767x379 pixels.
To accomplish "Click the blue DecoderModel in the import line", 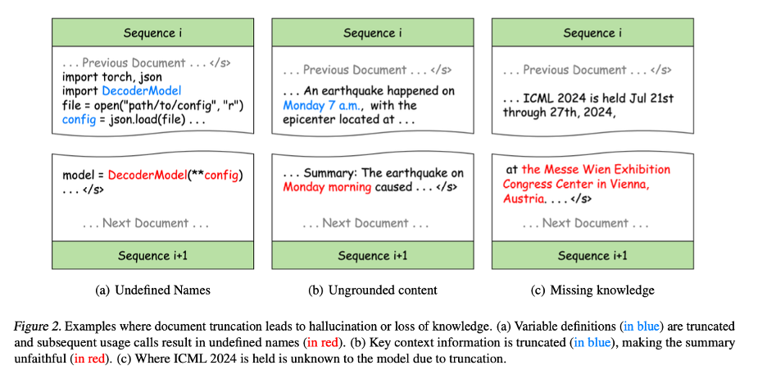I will (x=141, y=91).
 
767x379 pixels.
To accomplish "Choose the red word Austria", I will (x=524, y=199).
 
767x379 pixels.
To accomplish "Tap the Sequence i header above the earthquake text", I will (x=372, y=33).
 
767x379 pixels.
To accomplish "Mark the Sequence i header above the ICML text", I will (x=592, y=33).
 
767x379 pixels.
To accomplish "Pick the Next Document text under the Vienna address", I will (x=584, y=223).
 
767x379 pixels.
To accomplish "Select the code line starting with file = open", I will (x=153, y=106).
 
